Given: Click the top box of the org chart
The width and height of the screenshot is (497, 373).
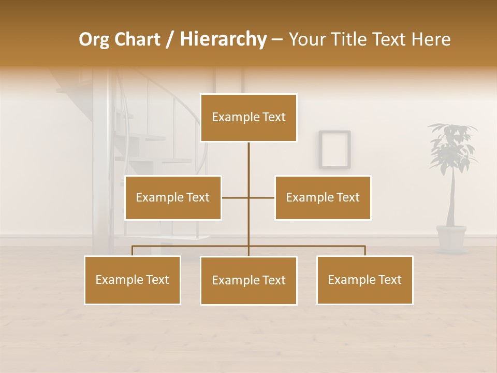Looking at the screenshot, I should click(248, 118).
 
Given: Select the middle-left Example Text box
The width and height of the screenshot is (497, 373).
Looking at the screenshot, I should click(173, 197).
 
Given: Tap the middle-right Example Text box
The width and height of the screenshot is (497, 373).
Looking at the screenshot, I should click(323, 197).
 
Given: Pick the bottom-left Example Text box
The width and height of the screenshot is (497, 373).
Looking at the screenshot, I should click(133, 280).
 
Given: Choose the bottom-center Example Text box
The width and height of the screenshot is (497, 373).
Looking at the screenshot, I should click(248, 280).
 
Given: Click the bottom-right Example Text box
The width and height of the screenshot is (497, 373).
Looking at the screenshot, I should click(364, 280).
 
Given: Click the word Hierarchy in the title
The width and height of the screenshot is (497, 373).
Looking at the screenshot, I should click(223, 39).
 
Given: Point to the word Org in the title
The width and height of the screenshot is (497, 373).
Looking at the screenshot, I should click(94, 39).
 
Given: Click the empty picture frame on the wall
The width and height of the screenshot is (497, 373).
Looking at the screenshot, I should click(334, 149).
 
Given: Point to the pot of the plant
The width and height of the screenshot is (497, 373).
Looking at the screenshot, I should click(451, 237).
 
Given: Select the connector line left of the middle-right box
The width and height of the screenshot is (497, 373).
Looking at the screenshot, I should click(261, 197).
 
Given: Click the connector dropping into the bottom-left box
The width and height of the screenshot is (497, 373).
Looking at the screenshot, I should click(133, 251).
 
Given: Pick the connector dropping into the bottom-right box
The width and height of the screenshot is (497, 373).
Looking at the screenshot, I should click(364, 251).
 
